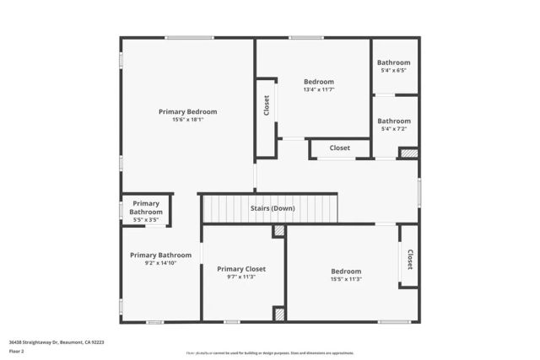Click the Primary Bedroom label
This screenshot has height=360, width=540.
pyautogui.click(x=188, y=111)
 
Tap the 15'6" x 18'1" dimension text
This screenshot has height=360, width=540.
pyautogui.click(x=188, y=120)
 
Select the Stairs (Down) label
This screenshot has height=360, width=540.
pyautogui.click(x=273, y=207)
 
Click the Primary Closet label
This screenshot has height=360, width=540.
pyautogui.click(x=241, y=269)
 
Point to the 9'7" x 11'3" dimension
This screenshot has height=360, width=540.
pyautogui.click(x=241, y=277)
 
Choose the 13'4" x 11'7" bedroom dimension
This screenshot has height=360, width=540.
pyautogui.click(x=319, y=89)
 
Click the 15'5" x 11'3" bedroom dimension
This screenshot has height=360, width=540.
pyautogui.click(x=346, y=279)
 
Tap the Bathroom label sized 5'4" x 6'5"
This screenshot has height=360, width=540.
pyautogui.click(x=394, y=62)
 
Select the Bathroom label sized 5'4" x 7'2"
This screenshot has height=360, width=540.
pyautogui.click(x=394, y=121)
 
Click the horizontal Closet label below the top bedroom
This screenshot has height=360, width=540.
pyautogui.click(x=340, y=148)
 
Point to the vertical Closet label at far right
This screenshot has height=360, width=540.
pyautogui.click(x=410, y=258)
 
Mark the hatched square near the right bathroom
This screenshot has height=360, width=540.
pyautogui.click(x=409, y=153)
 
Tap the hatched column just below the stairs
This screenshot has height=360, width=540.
pyautogui.click(x=278, y=230)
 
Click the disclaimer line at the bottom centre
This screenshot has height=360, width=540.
pyautogui.click(x=270, y=352)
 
